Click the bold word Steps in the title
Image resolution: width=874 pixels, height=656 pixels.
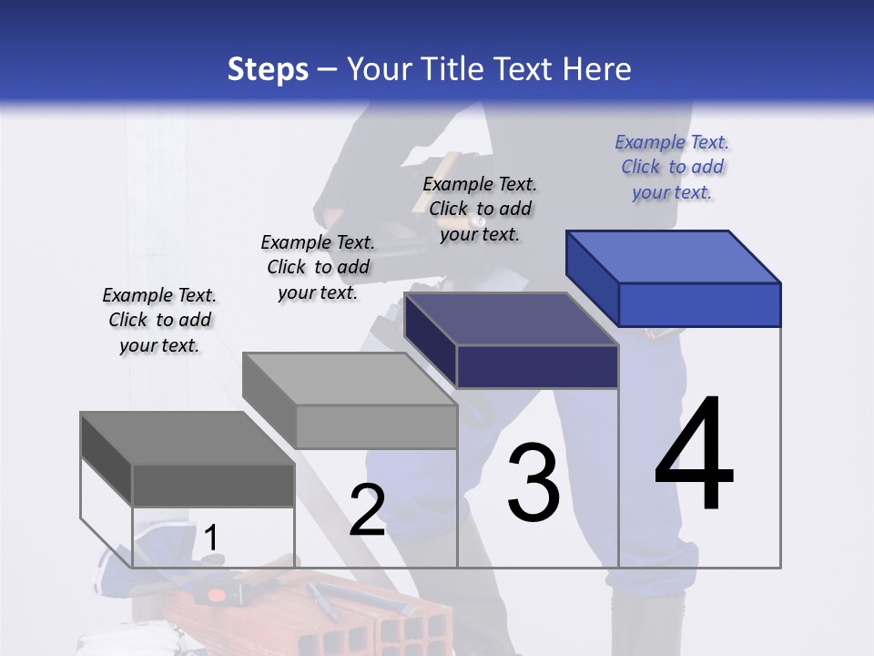pos(268,69)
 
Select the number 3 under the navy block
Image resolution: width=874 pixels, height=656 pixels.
pos(534,482)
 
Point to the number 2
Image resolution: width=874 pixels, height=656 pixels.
pos(367,510)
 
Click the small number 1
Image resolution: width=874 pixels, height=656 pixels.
pos(210,538)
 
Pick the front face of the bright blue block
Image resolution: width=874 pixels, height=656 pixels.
pos(699,304)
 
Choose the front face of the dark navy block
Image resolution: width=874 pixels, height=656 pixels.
pos(537,367)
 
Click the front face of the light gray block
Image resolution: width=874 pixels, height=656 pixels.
pos(376,426)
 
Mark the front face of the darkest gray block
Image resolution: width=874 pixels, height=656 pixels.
pos(213,486)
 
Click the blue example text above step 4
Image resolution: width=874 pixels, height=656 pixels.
pos(672,167)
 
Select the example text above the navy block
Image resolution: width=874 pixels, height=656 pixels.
pos(480,209)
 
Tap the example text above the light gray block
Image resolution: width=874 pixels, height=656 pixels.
pos(318,267)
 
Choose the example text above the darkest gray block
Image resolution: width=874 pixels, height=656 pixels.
pos(159,320)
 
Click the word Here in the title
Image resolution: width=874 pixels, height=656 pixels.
pos(598,69)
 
